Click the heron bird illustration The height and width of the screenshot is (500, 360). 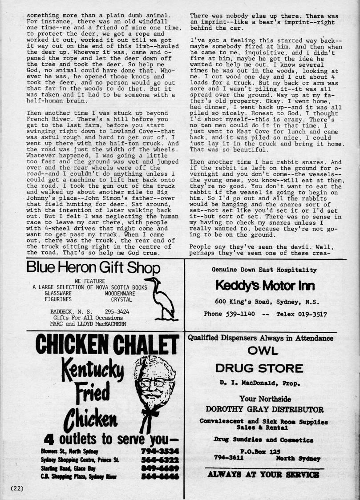click(163, 298)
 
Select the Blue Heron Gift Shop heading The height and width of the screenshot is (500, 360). click(93, 268)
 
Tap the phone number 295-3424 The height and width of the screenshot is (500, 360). click(117, 311)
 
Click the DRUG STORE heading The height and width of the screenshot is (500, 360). click(259, 368)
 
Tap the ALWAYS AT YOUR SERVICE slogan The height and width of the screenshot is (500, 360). click(263, 475)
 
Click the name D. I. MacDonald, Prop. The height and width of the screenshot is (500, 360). click(259, 382)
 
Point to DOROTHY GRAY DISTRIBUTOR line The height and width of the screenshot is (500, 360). click(264, 409)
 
